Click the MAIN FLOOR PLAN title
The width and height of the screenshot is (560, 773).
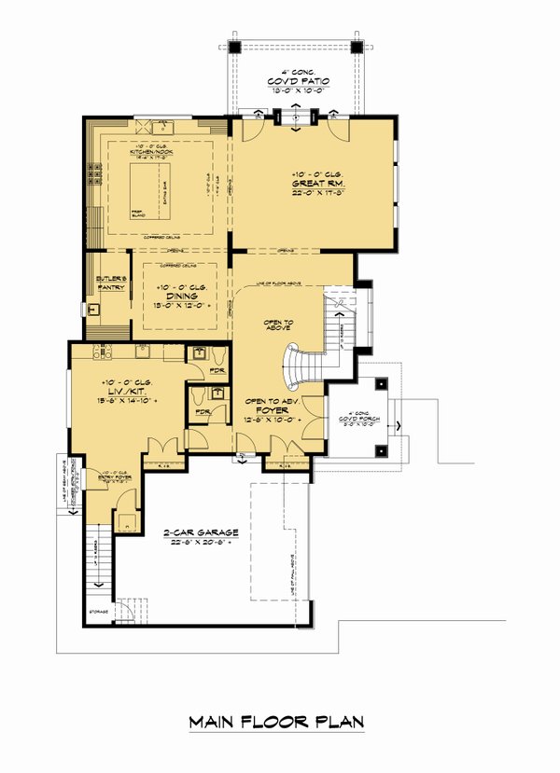pyautogui.click(x=276, y=722)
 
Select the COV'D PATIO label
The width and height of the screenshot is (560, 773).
pyautogui.click(x=294, y=81)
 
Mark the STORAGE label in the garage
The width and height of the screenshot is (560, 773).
pyautogui.click(x=98, y=612)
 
